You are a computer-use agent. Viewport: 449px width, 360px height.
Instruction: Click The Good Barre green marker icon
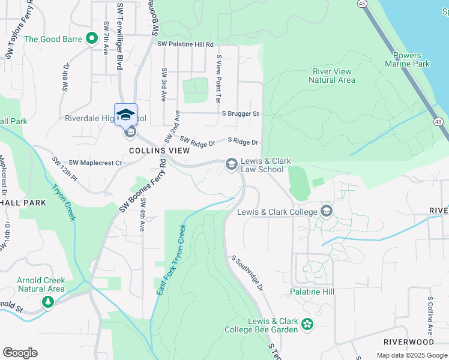click(92, 40)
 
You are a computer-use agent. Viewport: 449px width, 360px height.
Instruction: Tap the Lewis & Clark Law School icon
click(231, 164)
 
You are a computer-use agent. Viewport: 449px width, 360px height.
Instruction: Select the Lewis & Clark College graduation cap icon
click(327, 211)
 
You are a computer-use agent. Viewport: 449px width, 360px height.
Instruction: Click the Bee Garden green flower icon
click(307, 324)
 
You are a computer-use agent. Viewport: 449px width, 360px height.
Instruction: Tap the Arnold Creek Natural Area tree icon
click(47, 302)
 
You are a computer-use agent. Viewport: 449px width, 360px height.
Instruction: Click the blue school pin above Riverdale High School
click(126, 115)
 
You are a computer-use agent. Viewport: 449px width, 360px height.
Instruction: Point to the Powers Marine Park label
click(407, 59)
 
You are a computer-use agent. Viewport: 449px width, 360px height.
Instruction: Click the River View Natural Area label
click(332, 76)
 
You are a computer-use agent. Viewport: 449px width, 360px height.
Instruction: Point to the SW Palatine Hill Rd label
click(185, 44)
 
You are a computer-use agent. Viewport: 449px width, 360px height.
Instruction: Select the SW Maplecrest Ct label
click(95, 163)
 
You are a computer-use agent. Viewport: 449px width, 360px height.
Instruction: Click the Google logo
click(20, 353)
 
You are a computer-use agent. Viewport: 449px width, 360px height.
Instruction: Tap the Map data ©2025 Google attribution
click(411, 355)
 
